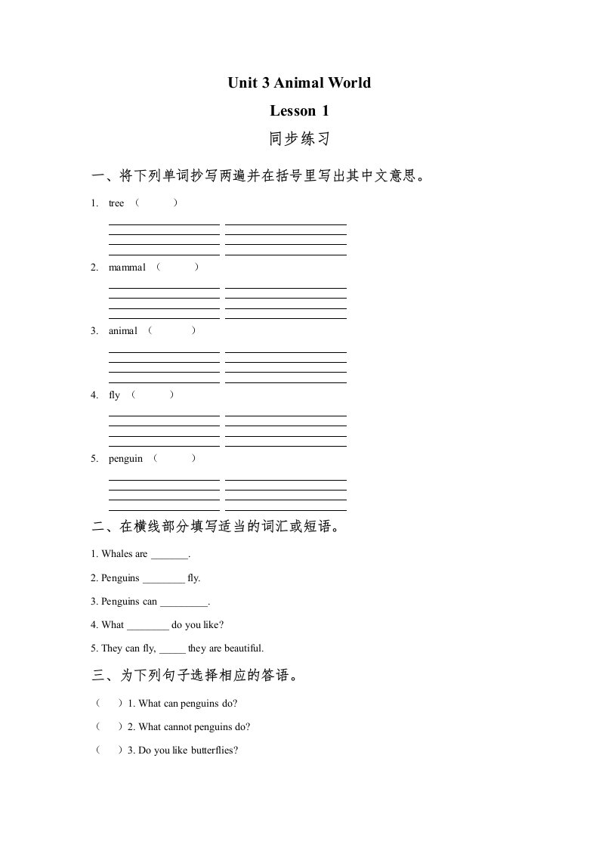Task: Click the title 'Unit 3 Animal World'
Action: point(299,82)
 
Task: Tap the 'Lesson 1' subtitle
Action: point(299,111)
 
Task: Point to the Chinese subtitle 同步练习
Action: point(299,140)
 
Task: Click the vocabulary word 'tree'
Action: point(116,203)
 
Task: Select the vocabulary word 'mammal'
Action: point(127,268)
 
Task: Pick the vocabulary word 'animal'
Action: point(123,331)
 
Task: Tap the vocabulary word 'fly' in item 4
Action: point(114,395)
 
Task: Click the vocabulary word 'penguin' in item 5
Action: point(125,459)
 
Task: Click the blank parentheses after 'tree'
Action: point(156,203)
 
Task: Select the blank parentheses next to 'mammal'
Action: point(177,268)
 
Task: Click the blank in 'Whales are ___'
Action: point(169,556)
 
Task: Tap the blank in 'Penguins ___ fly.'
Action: point(163,580)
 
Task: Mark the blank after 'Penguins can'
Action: point(184,603)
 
